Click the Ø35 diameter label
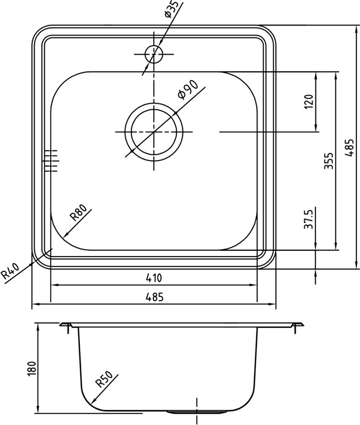pos(172,9)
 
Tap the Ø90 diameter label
pos(188,90)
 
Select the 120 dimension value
pos(309,101)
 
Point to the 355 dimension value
pos(329,161)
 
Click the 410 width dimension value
pos(154,278)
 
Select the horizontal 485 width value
pos(155,297)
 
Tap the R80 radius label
pos(78,213)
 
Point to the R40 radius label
pos(11,271)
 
